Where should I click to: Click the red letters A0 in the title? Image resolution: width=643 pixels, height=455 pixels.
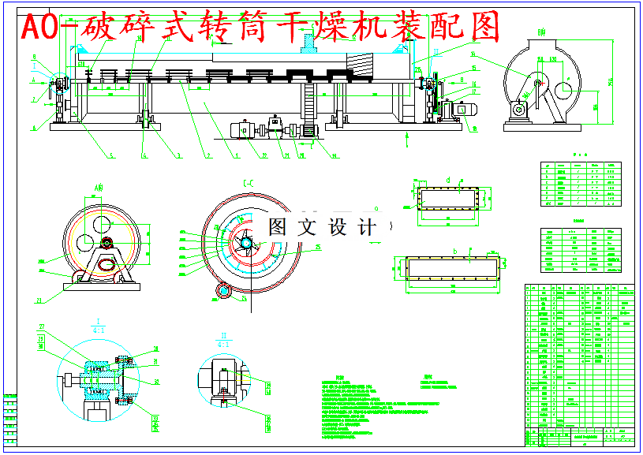39,28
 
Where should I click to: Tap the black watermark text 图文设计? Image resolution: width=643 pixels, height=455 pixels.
322,227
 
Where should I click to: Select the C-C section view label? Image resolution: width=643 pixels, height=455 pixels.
249,184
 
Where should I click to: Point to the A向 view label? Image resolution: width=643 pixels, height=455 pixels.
99,187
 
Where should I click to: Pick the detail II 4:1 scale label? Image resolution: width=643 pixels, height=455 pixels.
223,339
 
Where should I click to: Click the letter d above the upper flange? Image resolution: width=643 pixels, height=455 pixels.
448,180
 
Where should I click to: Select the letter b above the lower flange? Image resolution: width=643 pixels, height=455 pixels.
455,251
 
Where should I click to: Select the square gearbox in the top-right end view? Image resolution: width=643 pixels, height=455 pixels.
520,110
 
